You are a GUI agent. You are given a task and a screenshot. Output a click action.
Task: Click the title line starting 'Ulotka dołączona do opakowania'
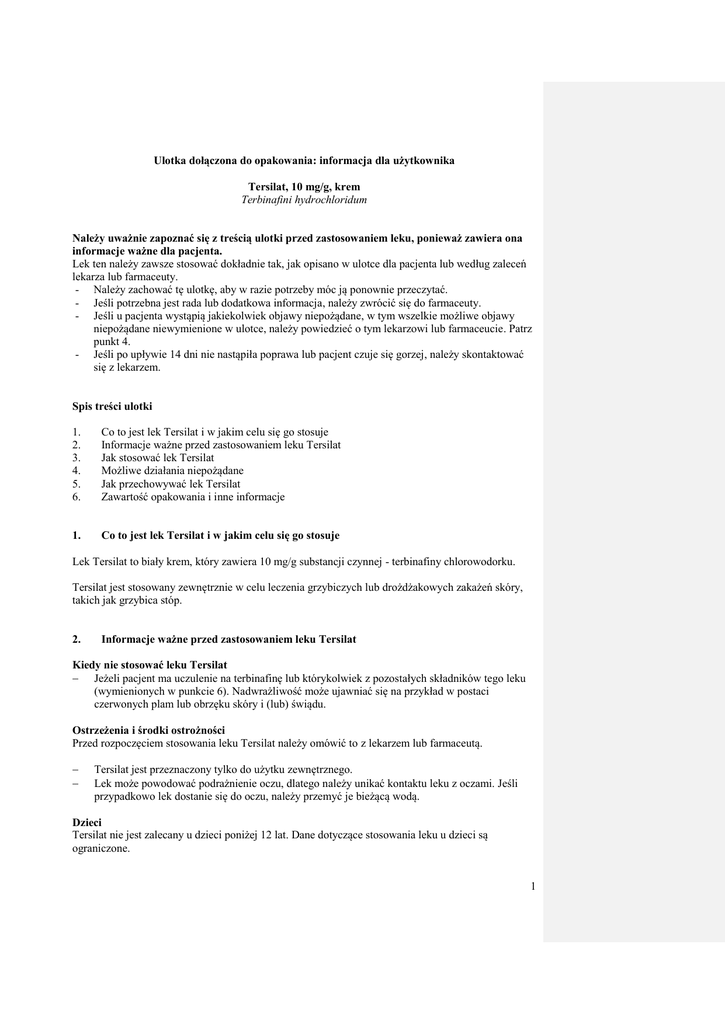pyautogui.click(x=303, y=160)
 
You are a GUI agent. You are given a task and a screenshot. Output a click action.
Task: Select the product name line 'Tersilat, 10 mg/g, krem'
pyautogui.click(x=304, y=187)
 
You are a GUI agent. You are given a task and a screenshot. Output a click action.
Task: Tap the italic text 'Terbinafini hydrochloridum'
pyautogui.click(x=304, y=200)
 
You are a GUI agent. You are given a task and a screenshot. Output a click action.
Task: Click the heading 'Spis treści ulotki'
pyautogui.click(x=112, y=406)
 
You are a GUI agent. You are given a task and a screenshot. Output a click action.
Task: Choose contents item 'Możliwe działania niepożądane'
pyautogui.click(x=172, y=470)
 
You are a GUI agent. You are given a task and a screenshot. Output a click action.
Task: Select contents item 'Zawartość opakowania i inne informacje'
pyautogui.click(x=193, y=496)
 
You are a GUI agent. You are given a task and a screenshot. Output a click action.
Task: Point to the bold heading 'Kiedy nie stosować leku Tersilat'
pyautogui.click(x=150, y=665)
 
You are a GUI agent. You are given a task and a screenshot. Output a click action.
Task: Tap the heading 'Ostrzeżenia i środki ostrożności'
pyautogui.click(x=149, y=730)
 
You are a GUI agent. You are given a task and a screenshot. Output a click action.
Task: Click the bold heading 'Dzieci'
pyautogui.click(x=88, y=821)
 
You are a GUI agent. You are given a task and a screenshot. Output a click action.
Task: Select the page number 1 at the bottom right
pyautogui.click(x=533, y=885)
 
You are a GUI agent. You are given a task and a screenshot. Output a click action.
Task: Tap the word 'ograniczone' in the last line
pyautogui.click(x=101, y=847)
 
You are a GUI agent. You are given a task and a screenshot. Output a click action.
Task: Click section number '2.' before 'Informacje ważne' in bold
pyautogui.click(x=77, y=638)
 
